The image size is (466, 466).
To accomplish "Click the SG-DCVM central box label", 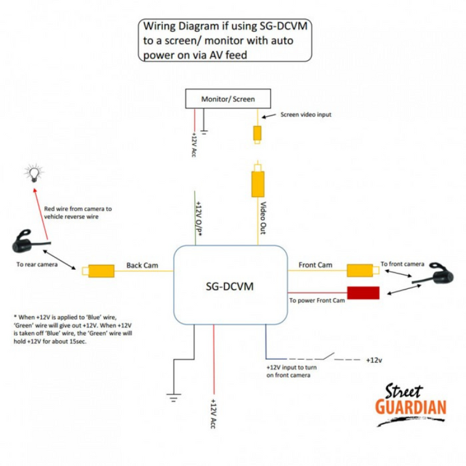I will point(230,286).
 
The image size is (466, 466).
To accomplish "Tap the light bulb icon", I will point(31,174).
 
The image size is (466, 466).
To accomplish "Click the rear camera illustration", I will point(24,241).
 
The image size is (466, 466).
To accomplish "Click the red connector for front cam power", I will point(363,292).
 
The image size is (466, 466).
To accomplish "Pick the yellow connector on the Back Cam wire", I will point(101,271).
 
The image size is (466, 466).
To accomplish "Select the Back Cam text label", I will point(141,266).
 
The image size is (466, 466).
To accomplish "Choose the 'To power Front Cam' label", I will point(317,301).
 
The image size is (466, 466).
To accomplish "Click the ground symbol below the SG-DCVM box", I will point(174,397).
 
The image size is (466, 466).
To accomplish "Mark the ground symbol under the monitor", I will point(206,132).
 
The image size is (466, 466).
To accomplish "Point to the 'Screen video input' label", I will point(306,115).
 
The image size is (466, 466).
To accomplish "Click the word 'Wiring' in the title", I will point(162,27).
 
